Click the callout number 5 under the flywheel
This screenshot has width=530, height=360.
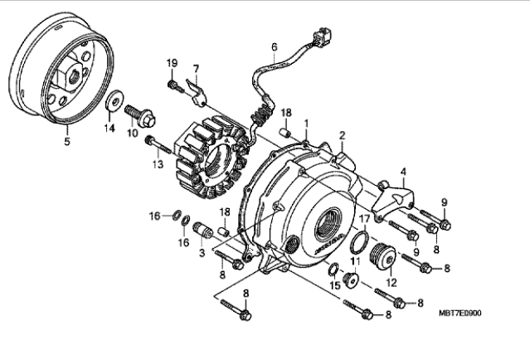(67, 141)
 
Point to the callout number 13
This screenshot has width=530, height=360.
(158, 164)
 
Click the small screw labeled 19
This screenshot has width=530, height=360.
(175, 86)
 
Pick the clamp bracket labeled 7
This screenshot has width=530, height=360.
(197, 91)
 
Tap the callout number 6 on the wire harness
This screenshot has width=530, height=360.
(275, 46)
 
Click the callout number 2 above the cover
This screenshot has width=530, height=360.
(342, 135)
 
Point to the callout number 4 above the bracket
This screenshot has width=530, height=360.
(403, 172)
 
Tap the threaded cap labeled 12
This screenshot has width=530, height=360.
(383, 257)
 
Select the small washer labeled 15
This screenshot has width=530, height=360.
(333, 269)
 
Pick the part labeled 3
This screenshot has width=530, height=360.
(203, 231)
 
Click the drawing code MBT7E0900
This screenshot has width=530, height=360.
(459, 313)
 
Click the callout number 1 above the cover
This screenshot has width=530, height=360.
(306, 124)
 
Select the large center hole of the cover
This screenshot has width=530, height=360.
(329, 224)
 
